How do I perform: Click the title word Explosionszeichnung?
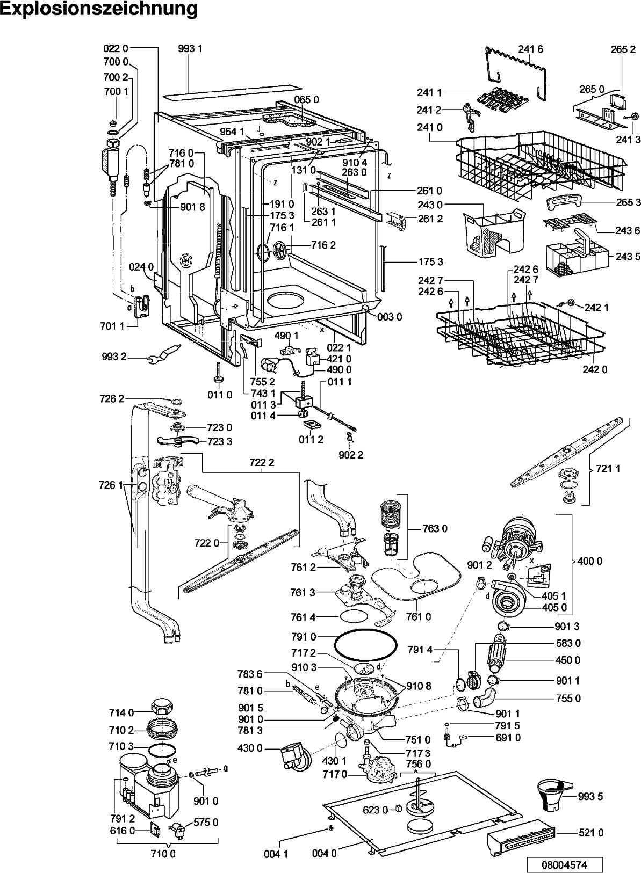click(x=99, y=9)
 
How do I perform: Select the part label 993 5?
click(x=590, y=797)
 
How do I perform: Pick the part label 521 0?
click(x=590, y=833)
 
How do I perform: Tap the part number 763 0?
click(x=435, y=528)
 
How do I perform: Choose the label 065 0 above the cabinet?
click(x=306, y=100)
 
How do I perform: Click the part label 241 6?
click(x=531, y=49)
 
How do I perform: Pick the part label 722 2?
click(x=262, y=463)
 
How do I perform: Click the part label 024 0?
click(x=141, y=267)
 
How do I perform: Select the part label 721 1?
click(x=608, y=469)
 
